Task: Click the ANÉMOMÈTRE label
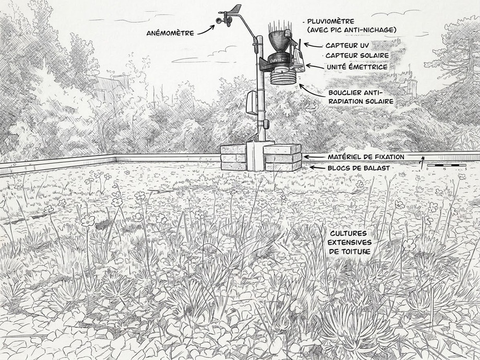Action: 170,33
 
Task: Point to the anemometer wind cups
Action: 224,20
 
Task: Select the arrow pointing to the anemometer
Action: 206,30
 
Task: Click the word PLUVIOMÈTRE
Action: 331,21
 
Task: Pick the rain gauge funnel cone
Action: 279,40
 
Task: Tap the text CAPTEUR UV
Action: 347,45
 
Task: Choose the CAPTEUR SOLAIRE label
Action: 357,56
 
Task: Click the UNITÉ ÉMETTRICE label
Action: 357,67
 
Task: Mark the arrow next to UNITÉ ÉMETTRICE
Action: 315,66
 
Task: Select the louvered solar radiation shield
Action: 283,78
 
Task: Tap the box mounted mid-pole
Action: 251,103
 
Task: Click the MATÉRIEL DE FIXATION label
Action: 366,157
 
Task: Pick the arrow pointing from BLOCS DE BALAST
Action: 317,168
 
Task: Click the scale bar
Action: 447,165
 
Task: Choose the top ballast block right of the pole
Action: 282,149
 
